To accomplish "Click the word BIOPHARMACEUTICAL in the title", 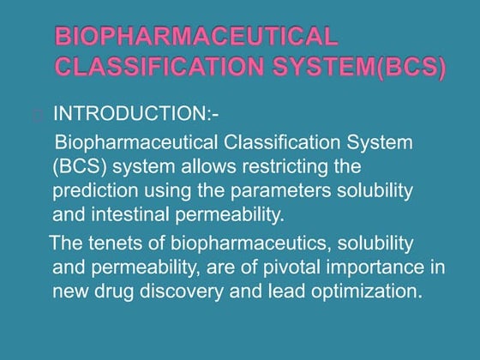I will (195, 37).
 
